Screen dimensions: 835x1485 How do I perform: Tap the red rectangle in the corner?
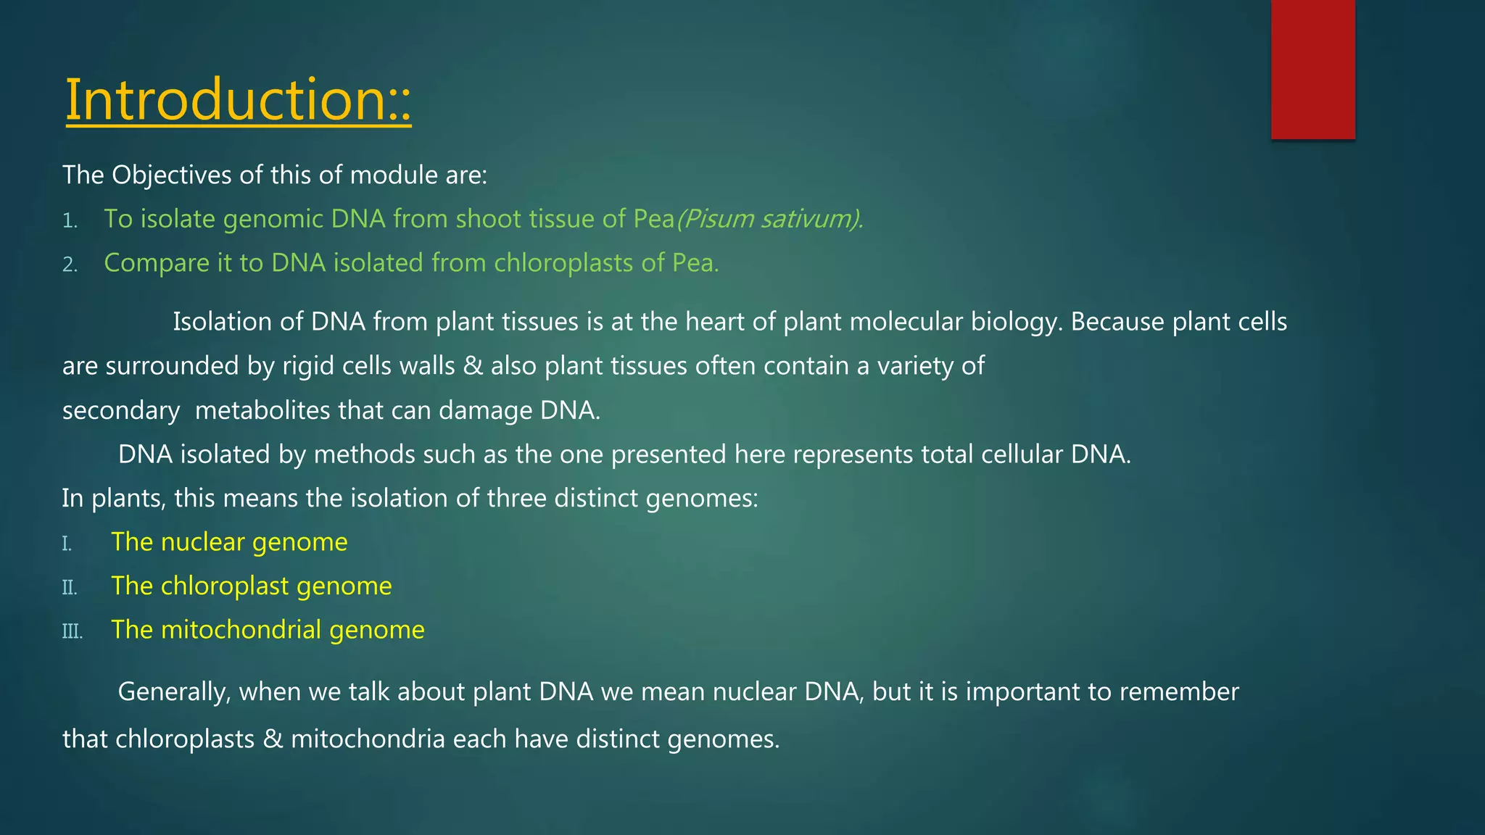1312,69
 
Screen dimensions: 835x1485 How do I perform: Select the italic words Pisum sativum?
769,219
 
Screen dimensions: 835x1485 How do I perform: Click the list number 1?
70,220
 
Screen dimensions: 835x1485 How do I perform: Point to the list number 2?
70,265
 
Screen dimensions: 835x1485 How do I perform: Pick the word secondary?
120,411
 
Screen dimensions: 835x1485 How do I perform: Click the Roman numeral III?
72,631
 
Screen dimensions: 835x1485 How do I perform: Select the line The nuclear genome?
229,541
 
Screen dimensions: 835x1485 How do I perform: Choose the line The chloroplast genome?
251,586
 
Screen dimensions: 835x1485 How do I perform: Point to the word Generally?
174,691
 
